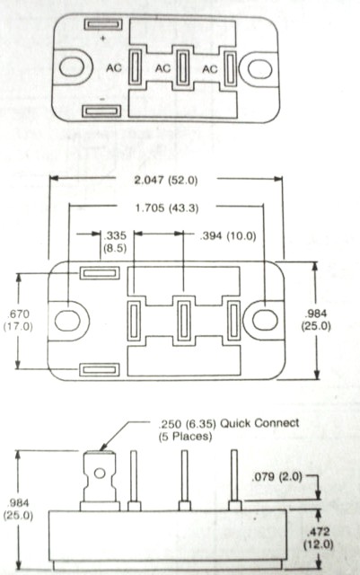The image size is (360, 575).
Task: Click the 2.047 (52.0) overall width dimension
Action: (x=166, y=180)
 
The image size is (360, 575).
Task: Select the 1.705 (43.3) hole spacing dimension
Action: (x=167, y=208)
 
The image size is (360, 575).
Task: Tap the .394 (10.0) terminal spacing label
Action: (x=228, y=235)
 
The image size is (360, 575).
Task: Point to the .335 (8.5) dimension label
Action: (x=115, y=242)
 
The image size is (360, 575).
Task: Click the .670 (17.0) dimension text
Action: (x=18, y=320)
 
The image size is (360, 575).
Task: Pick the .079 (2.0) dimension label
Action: (x=277, y=477)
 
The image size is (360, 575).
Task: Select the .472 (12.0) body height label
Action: (x=318, y=538)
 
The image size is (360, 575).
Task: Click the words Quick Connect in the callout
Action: (x=259, y=423)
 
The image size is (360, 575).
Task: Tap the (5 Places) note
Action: (x=185, y=437)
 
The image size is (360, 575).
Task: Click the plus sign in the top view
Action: (x=103, y=38)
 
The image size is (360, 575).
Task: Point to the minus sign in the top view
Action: (x=102, y=99)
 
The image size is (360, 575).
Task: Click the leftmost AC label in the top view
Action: (x=114, y=68)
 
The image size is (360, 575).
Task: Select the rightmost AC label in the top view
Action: (x=210, y=68)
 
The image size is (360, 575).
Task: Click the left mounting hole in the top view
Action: (x=72, y=67)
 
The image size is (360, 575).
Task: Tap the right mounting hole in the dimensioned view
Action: (x=265, y=320)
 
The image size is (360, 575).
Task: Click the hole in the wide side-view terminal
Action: (x=100, y=473)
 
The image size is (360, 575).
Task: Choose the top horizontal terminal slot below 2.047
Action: (x=100, y=273)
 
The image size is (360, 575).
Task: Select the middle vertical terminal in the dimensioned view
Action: (x=184, y=321)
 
